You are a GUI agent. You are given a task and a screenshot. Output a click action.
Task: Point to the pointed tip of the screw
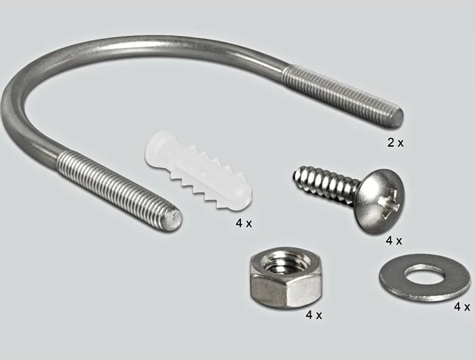point(294,175)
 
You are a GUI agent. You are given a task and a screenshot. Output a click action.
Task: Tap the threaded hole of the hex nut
point(287,262)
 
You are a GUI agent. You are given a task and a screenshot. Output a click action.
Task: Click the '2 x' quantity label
point(396,142)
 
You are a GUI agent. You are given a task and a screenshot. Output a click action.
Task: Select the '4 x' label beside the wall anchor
point(244,223)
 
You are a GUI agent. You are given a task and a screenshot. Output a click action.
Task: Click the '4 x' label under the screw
point(394,241)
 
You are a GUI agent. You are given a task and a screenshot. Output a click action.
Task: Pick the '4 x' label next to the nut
point(313,314)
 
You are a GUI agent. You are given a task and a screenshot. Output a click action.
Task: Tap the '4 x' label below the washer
point(462,307)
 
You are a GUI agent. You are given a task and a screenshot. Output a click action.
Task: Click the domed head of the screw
point(380,201)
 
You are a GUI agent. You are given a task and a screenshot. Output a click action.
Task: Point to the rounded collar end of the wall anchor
point(158,145)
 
